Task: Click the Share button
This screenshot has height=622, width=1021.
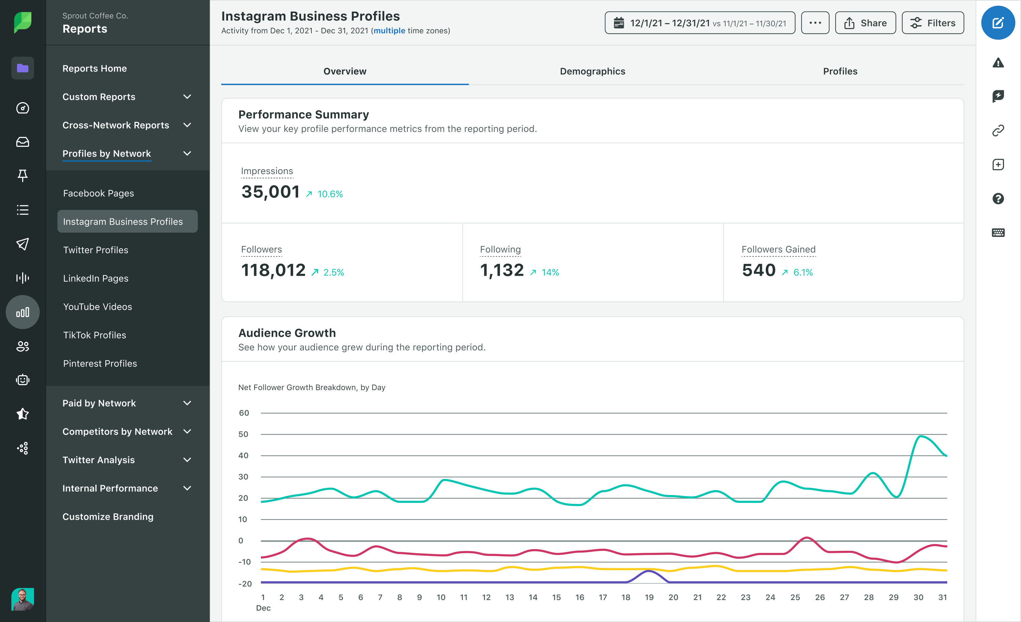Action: point(865,23)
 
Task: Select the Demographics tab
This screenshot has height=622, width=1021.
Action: point(592,71)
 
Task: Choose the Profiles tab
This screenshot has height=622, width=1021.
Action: point(840,71)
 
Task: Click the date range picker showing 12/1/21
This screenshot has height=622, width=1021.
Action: point(699,23)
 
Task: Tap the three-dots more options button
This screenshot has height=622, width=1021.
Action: point(815,23)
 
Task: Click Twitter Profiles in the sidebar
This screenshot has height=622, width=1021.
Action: point(96,250)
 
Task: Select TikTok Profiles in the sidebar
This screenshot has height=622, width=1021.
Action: point(95,335)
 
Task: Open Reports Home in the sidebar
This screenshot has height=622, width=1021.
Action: point(95,68)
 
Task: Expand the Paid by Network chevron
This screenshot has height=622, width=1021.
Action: point(187,403)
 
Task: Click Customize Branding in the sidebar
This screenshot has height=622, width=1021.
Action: point(108,516)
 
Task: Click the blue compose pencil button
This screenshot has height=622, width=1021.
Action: point(998,23)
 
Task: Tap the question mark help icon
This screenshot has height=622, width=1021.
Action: point(998,198)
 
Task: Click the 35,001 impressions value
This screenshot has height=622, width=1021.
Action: point(271,192)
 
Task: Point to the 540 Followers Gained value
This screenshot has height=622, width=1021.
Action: point(758,270)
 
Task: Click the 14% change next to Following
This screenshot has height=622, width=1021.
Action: point(550,272)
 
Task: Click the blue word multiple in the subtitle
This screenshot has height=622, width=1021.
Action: point(389,31)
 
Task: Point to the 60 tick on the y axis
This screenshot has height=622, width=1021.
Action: point(244,413)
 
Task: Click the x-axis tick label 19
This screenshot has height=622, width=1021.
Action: point(649,597)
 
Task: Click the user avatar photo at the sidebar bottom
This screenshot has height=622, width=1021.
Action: point(22,599)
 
